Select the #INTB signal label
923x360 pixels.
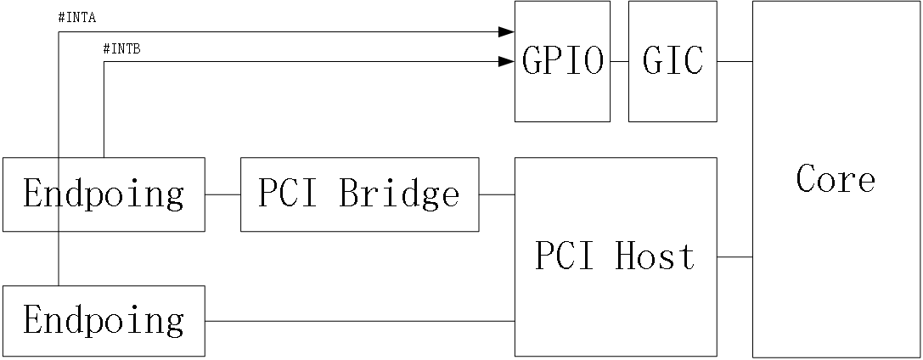coord(121,48)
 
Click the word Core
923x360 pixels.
coord(836,179)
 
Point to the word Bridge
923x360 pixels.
coord(399,194)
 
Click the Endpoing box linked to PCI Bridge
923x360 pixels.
coord(104,194)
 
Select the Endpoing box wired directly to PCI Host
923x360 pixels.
coord(104,321)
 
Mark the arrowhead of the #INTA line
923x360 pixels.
coord(507,32)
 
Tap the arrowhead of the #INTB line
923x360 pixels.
coord(507,61)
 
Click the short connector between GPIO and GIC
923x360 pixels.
coord(619,61)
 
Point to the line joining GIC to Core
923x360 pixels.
coord(734,61)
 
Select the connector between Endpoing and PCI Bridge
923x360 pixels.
coord(222,194)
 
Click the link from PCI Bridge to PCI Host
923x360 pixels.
coord(497,194)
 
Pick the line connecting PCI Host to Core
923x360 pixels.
coord(734,256)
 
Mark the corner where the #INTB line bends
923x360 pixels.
coord(104,61)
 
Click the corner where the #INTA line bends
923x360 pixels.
coord(58,32)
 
